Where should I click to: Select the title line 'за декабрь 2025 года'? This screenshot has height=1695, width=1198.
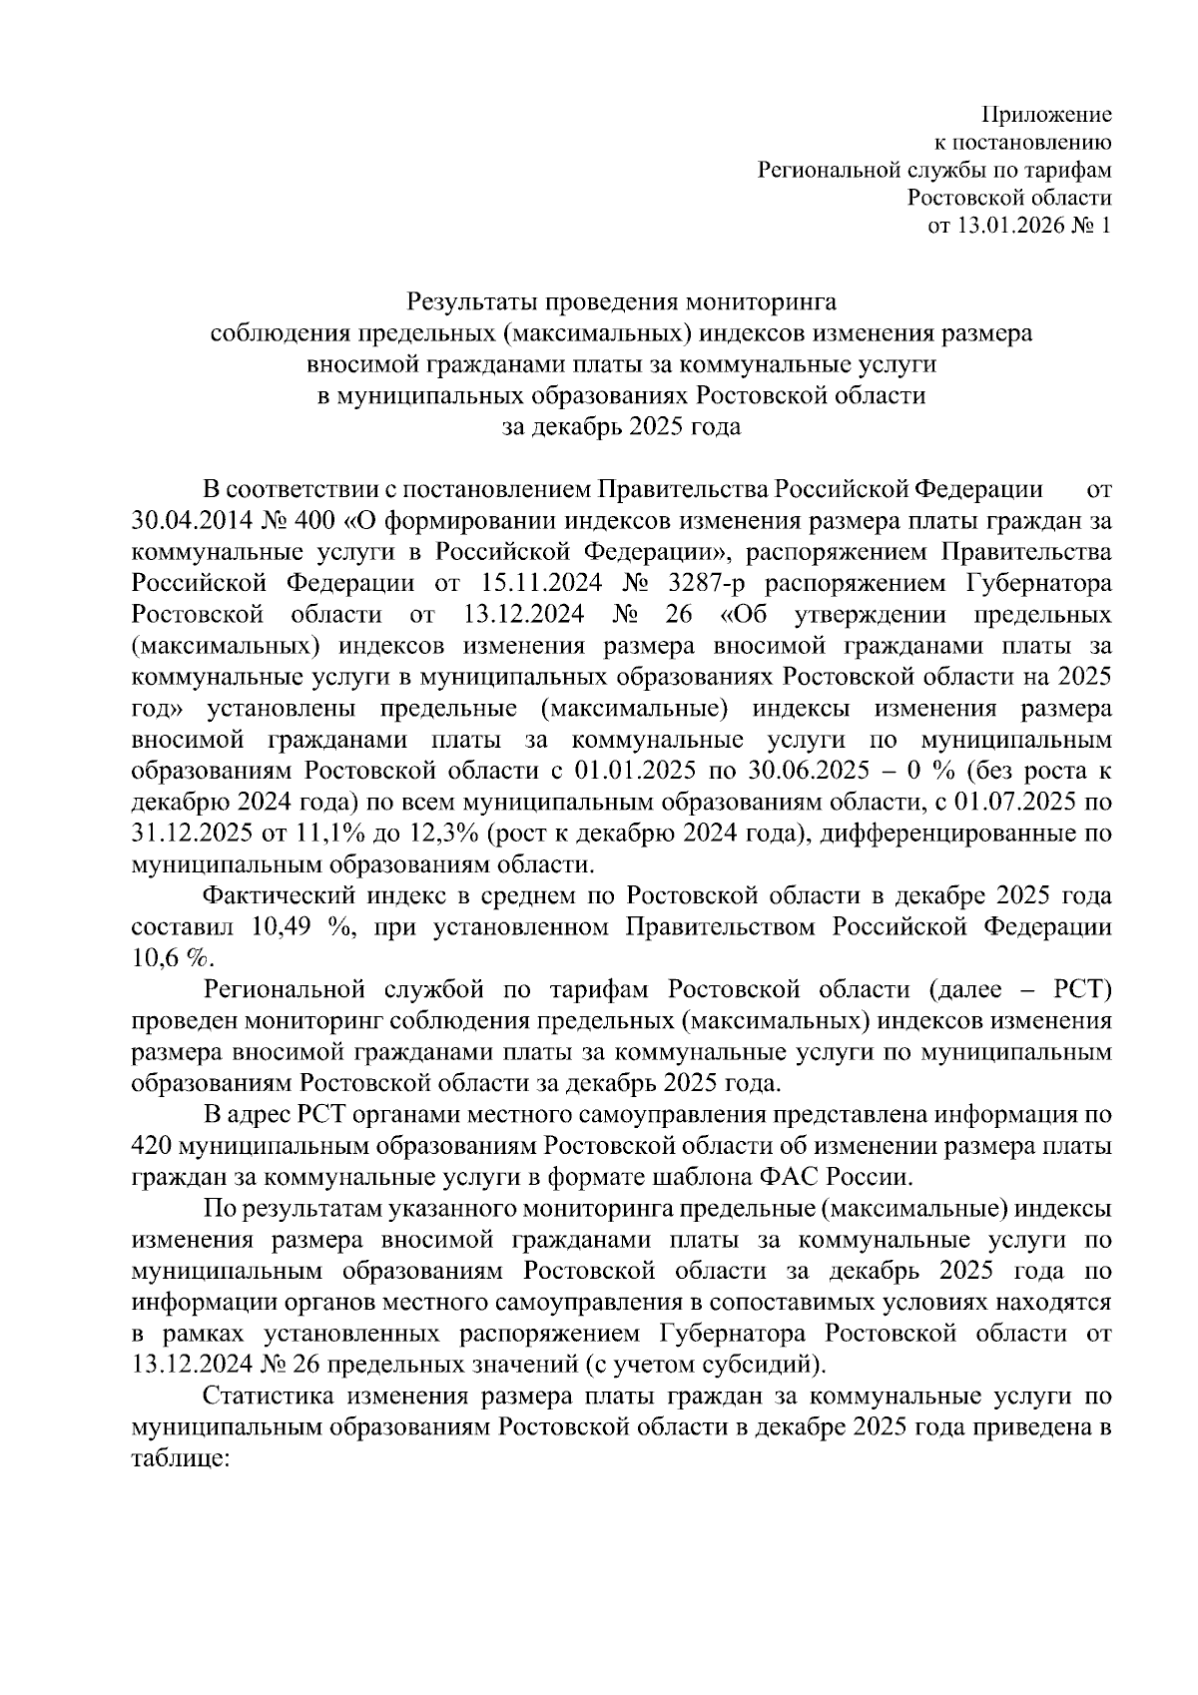tap(621, 427)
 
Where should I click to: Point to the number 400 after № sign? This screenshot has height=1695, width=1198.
tap(297, 521)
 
